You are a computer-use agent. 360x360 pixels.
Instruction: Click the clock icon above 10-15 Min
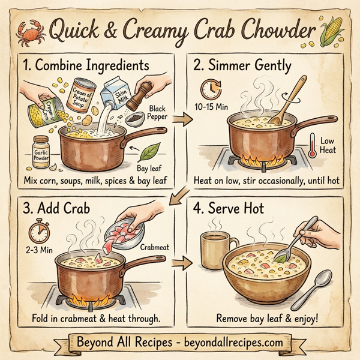click(209, 89)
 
